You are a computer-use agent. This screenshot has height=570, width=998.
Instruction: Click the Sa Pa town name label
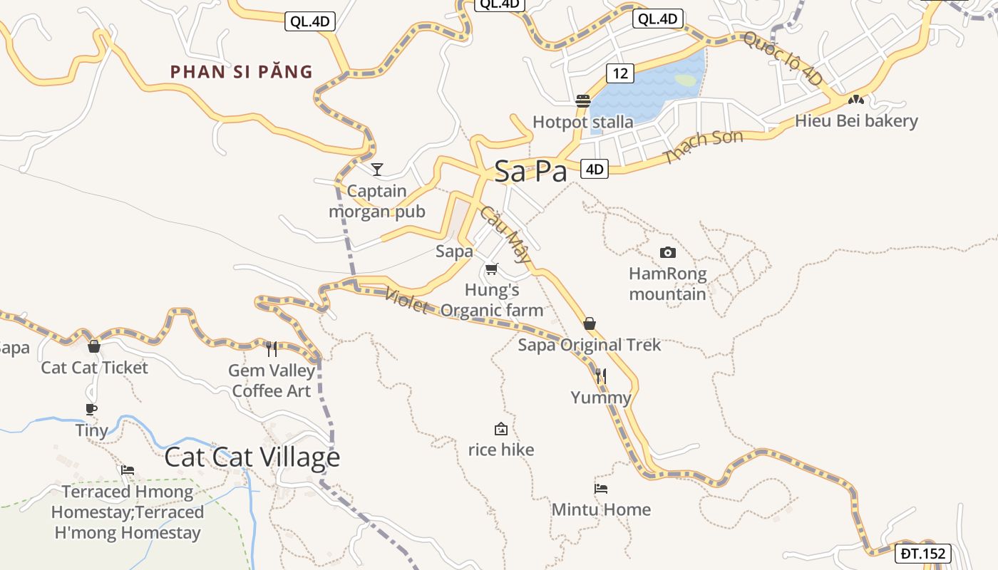click(x=530, y=172)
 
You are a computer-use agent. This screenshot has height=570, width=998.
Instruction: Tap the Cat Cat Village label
click(x=252, y=457)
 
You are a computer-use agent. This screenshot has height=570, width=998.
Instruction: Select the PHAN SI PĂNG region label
click(x=242, y=72)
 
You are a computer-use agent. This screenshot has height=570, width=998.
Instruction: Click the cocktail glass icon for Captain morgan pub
click(x=377, y=170)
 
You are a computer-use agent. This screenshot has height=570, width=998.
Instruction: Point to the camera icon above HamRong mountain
click(x=668, y=252)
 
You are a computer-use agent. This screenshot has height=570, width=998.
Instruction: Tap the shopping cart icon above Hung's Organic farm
click(x=491, y=269)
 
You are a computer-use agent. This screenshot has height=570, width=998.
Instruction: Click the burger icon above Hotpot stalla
click(x=583, y=101)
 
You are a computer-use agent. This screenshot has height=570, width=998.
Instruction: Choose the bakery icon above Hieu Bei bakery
click(x=856, y=100)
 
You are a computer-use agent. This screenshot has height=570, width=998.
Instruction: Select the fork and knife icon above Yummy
click(x=601, y=376)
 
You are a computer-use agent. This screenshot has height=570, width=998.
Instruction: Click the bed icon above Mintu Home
click(x=601, y=489)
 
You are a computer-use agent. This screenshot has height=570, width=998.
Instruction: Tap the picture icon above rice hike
click(x=501, y=429)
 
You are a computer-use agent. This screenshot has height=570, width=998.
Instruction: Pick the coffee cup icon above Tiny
click(x=91, y=409)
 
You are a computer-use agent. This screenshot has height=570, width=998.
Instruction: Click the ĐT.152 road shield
click(x=923, y=554)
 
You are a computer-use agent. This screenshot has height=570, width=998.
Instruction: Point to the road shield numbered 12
click(x=621, y=73)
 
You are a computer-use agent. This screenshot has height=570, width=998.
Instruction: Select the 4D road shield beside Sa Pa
click(x=595, y=169)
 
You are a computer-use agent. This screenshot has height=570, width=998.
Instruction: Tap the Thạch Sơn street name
click(x=703, y=146)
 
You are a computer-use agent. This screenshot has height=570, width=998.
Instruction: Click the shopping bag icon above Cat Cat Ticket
click(x=93, y=347)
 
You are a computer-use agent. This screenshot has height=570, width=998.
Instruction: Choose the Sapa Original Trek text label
click(x=590, y=346)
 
